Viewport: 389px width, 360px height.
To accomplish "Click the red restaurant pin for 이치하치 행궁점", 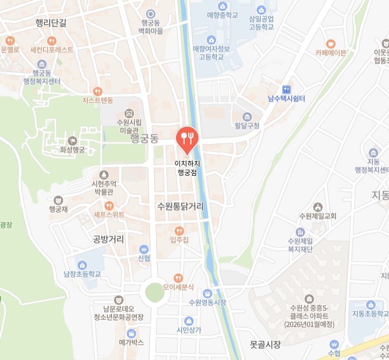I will tap(187, 138).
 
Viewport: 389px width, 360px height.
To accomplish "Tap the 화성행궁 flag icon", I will tap(72, 141).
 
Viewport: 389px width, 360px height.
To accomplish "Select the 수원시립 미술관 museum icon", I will tap(128, 113).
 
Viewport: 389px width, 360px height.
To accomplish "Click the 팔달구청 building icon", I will tap(247, 117).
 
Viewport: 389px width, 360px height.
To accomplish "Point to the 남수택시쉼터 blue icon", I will tap(286, 89).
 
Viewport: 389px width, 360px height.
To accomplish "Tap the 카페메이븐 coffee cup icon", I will tap(331, 44).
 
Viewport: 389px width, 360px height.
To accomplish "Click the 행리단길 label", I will tap(51, 22).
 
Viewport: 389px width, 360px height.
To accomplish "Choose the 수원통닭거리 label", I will tap(181, 207).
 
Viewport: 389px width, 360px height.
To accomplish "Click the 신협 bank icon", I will tap(144, 249).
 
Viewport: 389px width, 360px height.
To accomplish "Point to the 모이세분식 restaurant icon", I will tap(178, 278).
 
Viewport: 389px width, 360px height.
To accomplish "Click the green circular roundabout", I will tap(154, 292).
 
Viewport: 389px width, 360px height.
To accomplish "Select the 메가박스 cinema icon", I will tap(131, 333).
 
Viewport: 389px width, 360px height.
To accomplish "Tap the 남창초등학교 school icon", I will tap(82, 265).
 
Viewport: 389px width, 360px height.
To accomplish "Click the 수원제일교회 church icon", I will tap(318, 207).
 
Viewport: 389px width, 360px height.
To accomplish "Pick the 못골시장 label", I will tap(265, 344).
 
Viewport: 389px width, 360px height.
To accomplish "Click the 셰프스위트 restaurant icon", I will tap(109, 206).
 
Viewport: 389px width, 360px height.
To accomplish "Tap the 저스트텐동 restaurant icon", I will tap(97, 91).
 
